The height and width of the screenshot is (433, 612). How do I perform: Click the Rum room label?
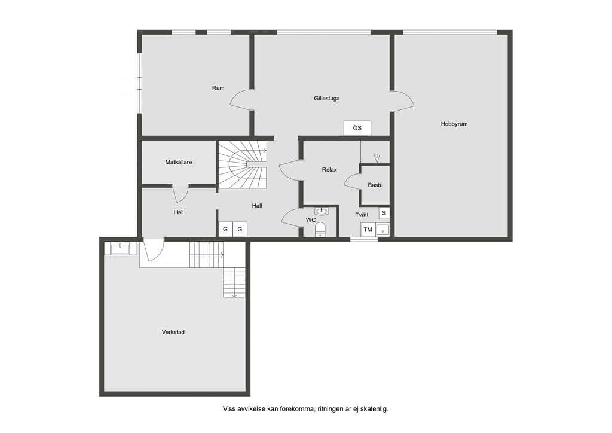pos(218,88)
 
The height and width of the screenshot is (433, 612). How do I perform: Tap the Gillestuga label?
pos(327,99)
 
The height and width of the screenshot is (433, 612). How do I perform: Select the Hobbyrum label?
pos(454,124)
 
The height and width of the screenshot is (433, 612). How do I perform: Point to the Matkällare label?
pos(178,162)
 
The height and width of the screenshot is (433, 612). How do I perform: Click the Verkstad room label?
pos(173,332)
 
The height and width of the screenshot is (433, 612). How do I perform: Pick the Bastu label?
pos(375,185)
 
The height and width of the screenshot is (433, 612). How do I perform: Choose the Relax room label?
pos(329,169)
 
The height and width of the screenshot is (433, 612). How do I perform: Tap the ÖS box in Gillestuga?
pos(357,128)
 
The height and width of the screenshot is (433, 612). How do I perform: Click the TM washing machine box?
pos(368,230)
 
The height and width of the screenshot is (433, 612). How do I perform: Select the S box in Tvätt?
pos(384,213)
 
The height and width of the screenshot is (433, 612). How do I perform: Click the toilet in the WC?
pos(320,230)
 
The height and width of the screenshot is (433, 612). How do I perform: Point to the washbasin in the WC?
pos(321,211)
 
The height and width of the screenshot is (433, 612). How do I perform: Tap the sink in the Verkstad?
pos(120,249)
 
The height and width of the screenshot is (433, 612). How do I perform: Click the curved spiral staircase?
pos(243,164)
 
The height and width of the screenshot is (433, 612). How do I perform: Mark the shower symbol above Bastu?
pos(377,158)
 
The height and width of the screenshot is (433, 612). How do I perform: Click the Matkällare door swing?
pos(180,194)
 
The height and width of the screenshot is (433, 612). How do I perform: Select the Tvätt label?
pos(362,215)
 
